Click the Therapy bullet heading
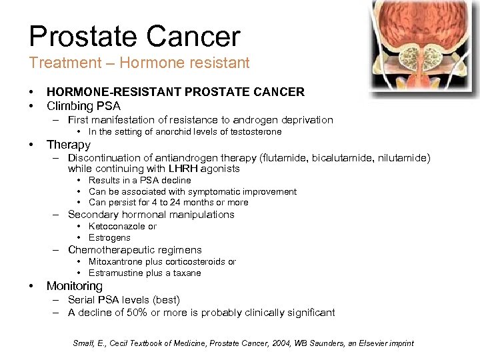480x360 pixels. tap(68, 145)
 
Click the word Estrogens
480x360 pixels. tap(109, 238)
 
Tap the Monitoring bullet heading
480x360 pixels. tap(74, 286)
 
